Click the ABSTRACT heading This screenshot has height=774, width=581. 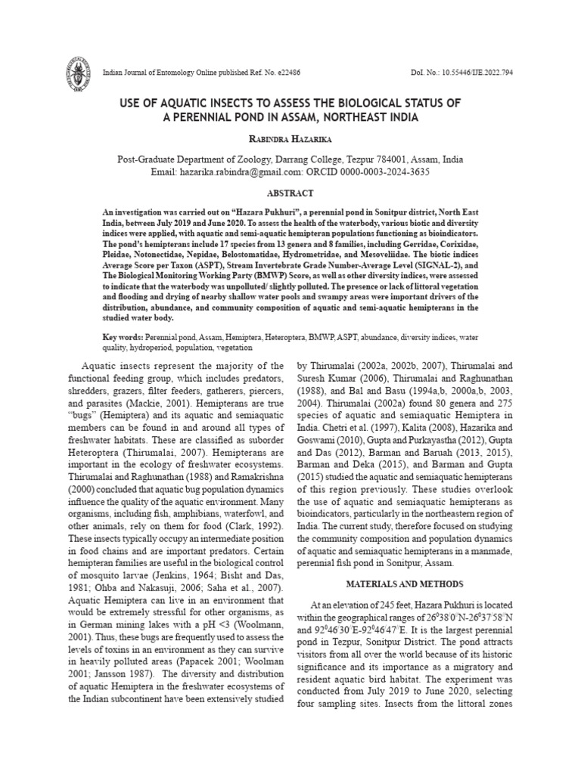point(290,193)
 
